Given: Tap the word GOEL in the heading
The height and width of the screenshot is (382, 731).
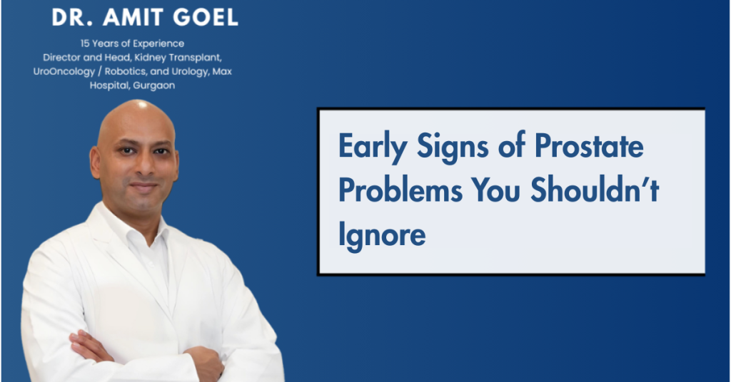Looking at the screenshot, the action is [205, 18].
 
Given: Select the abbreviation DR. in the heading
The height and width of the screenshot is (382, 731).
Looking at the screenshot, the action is [72, 18].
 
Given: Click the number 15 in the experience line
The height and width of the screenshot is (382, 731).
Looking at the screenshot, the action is [85, 43].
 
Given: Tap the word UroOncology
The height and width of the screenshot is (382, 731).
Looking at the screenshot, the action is [64, 72].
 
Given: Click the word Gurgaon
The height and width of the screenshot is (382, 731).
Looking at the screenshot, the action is [154, 86].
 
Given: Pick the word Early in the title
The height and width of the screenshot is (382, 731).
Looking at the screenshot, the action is [373, 147].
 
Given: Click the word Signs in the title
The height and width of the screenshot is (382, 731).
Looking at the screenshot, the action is [453, 147].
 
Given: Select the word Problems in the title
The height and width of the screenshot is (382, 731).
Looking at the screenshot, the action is [400, 190].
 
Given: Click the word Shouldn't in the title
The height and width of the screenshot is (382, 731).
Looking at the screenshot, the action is [595, 190].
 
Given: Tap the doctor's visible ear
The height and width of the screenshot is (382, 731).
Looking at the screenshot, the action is [95, 162].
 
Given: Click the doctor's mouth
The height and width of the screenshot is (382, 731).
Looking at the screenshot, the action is [143, 185].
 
